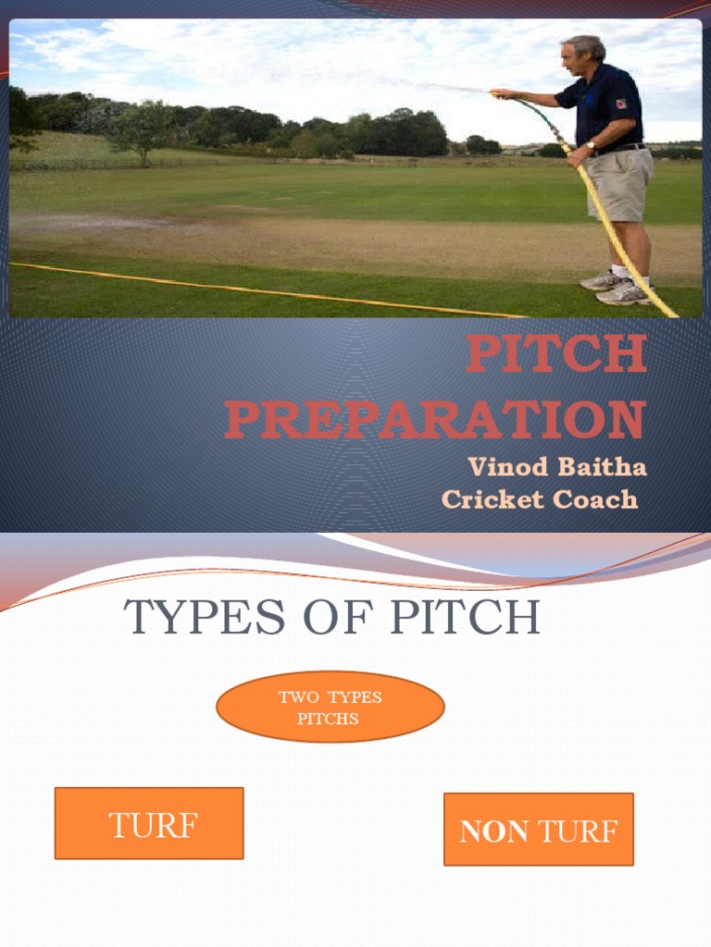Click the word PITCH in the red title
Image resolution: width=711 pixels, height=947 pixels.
click(555, 355)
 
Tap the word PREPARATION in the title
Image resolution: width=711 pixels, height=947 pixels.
click(435, 421)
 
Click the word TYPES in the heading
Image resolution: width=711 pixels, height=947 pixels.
click(206, 617)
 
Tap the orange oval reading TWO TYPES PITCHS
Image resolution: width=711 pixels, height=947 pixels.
click(330, 707)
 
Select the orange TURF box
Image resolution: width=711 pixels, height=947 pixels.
click(149, 823)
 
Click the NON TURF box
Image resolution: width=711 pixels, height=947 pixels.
click(538, 830)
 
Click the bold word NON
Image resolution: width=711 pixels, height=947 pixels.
click(494, 832)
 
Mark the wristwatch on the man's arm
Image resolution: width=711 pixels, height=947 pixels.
click(591, 145)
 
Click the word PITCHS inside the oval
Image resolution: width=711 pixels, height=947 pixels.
click(328, 719)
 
